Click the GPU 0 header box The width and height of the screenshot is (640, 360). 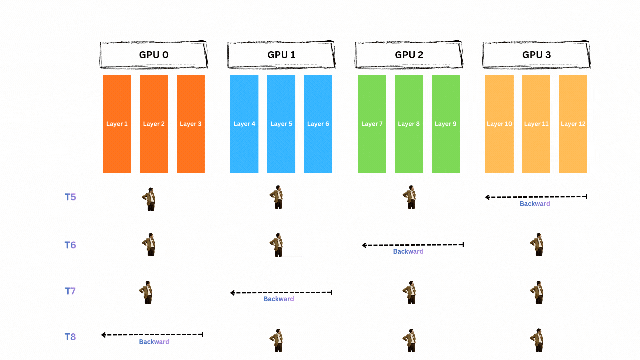click(154, 55)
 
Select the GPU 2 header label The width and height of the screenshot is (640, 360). click(409, 55)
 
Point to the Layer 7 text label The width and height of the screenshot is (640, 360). click(372, 124)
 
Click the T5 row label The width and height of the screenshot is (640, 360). click(70, 197)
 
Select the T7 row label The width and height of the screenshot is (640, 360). click(70, 291)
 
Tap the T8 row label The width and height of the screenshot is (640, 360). click(70, 337)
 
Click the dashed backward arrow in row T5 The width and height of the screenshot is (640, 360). click(536, 197)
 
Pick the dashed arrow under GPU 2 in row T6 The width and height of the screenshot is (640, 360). click(413, 245)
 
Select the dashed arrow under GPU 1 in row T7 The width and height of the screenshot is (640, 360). click(281, 293)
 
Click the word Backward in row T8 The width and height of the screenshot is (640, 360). click(154, 342)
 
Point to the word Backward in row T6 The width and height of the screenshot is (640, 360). click(408, 251)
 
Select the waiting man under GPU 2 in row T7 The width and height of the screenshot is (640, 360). click(410, 292)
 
